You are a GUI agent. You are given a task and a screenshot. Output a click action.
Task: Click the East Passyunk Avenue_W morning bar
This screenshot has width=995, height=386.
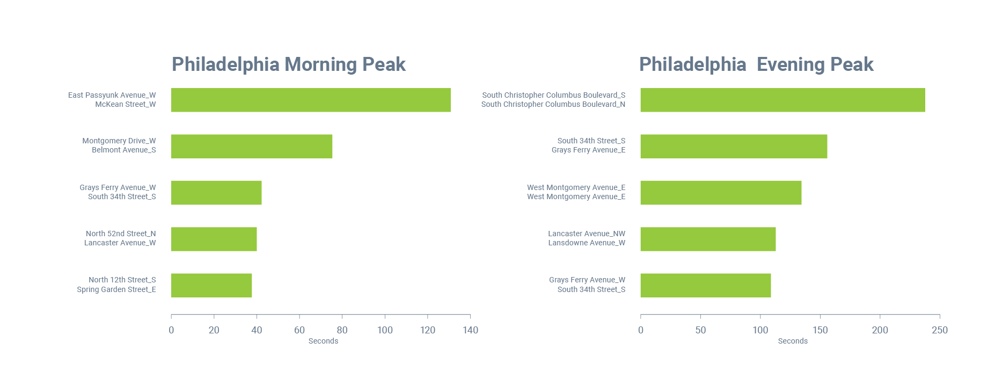[311, 100]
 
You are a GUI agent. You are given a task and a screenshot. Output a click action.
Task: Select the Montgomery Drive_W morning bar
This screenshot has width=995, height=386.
[251, 147]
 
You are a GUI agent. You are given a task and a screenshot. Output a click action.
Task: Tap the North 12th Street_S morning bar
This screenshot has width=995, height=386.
[211, 286]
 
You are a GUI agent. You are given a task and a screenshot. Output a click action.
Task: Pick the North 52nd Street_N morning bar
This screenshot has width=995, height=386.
[214, 239]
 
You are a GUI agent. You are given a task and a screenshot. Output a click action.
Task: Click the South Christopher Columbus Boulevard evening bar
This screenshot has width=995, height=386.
[782, 100]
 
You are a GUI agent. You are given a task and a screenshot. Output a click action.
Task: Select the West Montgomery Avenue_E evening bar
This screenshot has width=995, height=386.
[721, 193]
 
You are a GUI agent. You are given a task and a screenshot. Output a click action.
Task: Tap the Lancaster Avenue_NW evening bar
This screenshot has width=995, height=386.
[708, 239]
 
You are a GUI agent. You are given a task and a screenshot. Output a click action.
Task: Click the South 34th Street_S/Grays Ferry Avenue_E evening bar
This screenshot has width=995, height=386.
[734, 147]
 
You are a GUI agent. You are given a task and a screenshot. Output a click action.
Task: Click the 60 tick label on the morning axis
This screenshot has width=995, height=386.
[299, 330]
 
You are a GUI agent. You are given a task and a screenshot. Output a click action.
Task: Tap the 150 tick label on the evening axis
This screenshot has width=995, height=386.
[820, 330]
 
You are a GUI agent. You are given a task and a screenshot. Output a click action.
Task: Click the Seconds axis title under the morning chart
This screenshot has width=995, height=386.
[323, 341]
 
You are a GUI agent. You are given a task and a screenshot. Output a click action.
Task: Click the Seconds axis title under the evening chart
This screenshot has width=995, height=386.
[793, 341]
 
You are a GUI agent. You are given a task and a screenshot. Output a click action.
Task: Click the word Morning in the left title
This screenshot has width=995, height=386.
[320, 64]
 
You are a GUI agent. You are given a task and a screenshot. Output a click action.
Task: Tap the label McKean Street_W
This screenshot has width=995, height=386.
[125, 104]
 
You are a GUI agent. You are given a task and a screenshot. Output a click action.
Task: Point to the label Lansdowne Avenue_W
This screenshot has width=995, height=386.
[587, 243]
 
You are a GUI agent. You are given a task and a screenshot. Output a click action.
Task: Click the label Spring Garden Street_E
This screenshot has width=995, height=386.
[116, 289]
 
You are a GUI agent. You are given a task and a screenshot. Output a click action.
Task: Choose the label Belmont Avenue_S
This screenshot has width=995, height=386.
[123, 150]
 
